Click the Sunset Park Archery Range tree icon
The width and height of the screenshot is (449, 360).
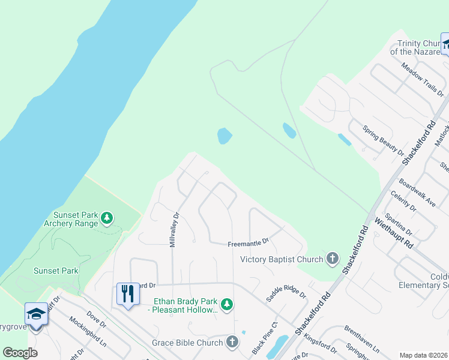(x=107, y=217)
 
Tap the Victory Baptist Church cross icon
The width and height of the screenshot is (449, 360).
(x=332, y=259)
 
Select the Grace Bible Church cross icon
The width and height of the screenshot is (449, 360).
(x=232, y=343)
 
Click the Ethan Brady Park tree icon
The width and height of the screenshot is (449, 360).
(x=226, y=305)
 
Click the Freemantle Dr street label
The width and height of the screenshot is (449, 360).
(x=247, y=244)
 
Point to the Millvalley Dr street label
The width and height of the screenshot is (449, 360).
(x=175, y=230)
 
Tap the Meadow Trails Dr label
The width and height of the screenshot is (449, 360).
(x=422, y=80)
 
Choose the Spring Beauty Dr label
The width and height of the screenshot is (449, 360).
(x=383, y=140)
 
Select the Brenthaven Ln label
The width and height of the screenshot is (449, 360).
(x=362, y=339)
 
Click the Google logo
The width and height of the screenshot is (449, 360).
(x=20, y=353)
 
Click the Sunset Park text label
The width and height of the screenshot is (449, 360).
(x=56, y=271)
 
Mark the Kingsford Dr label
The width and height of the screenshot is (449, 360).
(x=319, y=346)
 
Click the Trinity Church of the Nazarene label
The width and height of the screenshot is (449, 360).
(x=419, y=47)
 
